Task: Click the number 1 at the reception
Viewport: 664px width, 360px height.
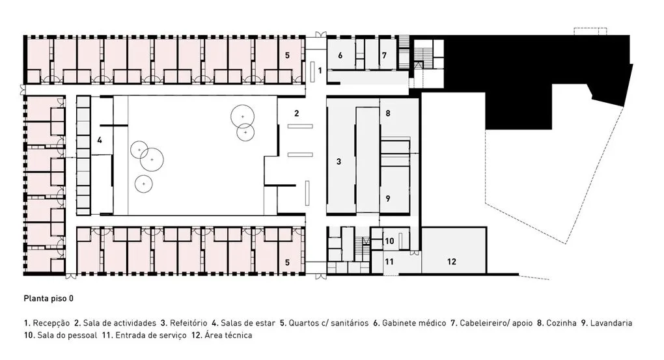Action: pyautogui.click(x=320, y=70)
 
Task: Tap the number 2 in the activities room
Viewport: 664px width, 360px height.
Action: pyautogui.click(x=297, y=113)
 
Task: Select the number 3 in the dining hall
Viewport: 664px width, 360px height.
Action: pyautogui.click(x=339, y=161)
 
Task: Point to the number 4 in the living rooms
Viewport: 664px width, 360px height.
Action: pyautogui.click(x=100, y=140)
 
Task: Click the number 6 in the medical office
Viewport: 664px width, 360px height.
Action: pyautogui.click(x=340, y=55)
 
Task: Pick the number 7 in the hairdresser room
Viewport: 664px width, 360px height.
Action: pyautogui.click(x=384, y=55)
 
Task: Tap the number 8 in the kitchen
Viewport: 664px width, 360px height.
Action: pyautogui.click(x=388, y=113)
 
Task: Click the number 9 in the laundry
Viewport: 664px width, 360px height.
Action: pyautogui.click(x=388, y=198)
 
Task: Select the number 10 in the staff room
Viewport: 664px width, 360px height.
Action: pyautogui.click(x=389, y=241)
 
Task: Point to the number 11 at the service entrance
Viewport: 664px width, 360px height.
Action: pyautogui.click(x=389, y=261)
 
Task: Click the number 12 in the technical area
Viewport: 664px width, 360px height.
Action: pyautogui.click(x=451, y=261)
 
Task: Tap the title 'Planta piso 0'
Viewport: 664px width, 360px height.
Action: pyautogui.click(x=49, y=299)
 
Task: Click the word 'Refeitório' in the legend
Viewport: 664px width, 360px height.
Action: pyautogui.click(x=188, y=323)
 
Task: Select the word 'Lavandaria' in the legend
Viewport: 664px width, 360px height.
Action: pyautogui.click(x=611, y=323)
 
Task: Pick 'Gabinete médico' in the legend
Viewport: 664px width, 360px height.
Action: pyautogui.click(x=414, y=323)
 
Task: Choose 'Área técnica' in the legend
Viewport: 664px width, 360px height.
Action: pyautogui.click(x=228, y=335)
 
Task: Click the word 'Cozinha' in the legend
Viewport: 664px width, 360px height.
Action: pyautogui.click(x=562, y=323)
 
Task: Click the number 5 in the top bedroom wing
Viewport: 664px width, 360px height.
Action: pyautogui.click(x=287, y=55)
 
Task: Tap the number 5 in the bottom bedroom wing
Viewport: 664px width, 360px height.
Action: pyautogui.click(x=287, y=262)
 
